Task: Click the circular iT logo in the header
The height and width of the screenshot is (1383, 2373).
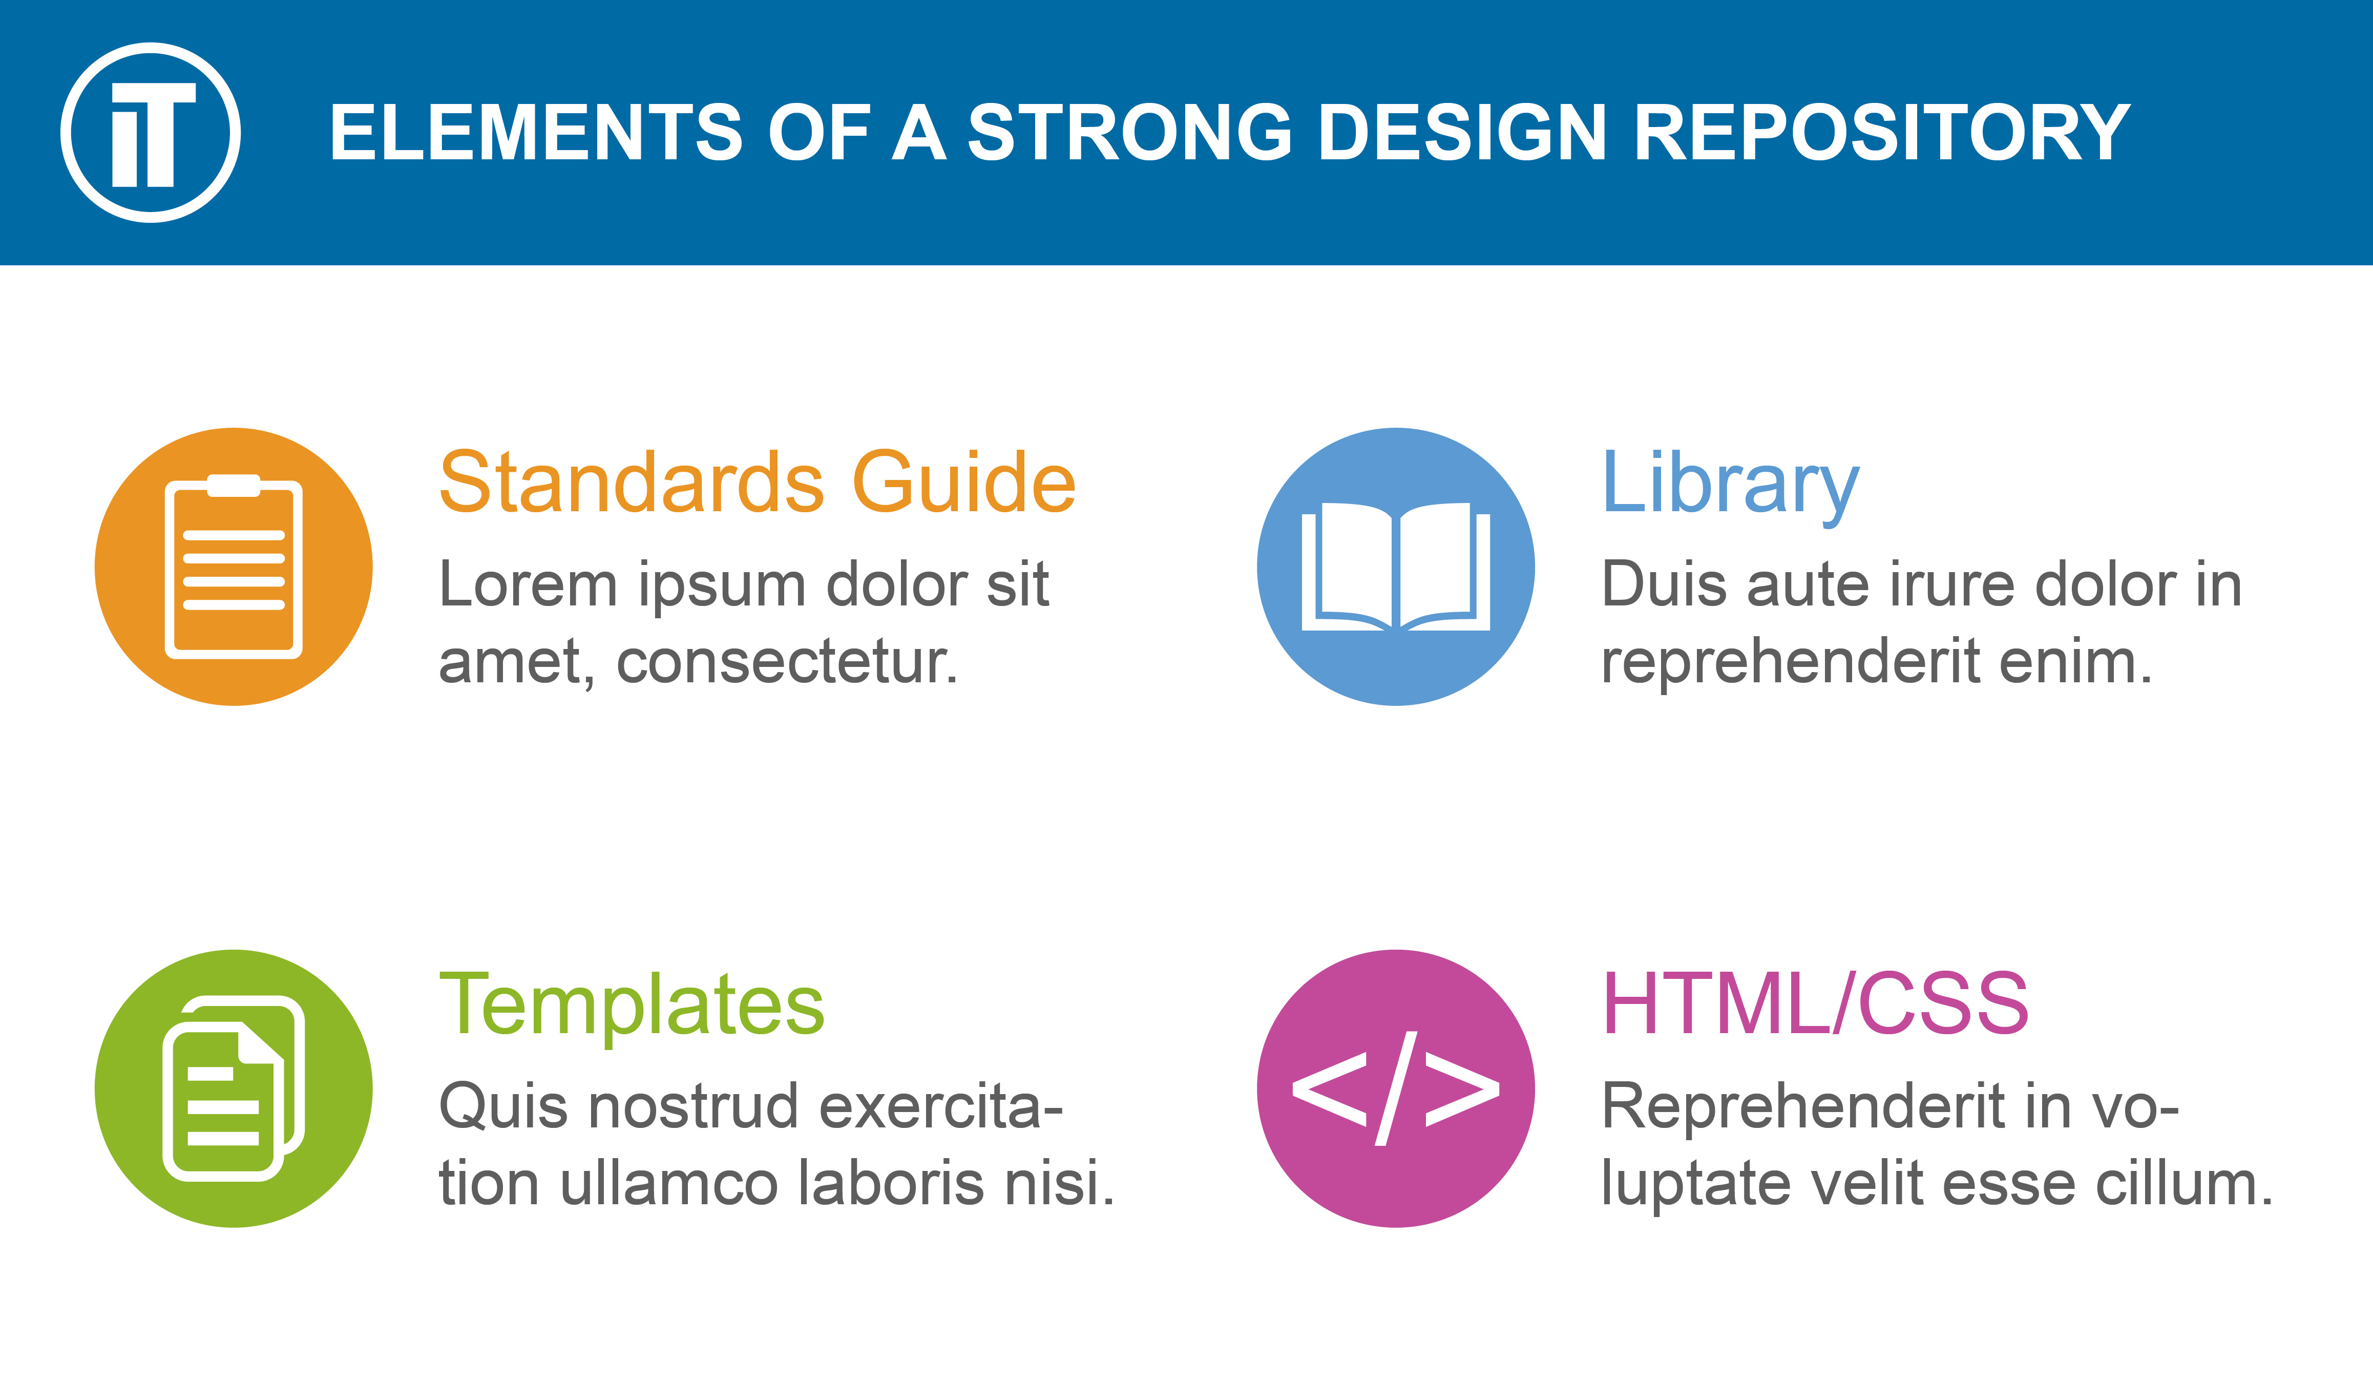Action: (151, 133)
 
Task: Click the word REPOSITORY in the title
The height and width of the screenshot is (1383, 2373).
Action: (1881, 133)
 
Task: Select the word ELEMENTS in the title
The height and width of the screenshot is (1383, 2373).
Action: (537, 133)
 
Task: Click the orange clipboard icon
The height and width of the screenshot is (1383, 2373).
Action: (234, 567)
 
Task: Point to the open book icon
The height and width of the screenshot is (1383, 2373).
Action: (1396, 567)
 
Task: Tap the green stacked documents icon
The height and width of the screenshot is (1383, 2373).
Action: (234, 1088)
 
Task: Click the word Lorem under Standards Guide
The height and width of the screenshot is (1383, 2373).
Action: (528, 584)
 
